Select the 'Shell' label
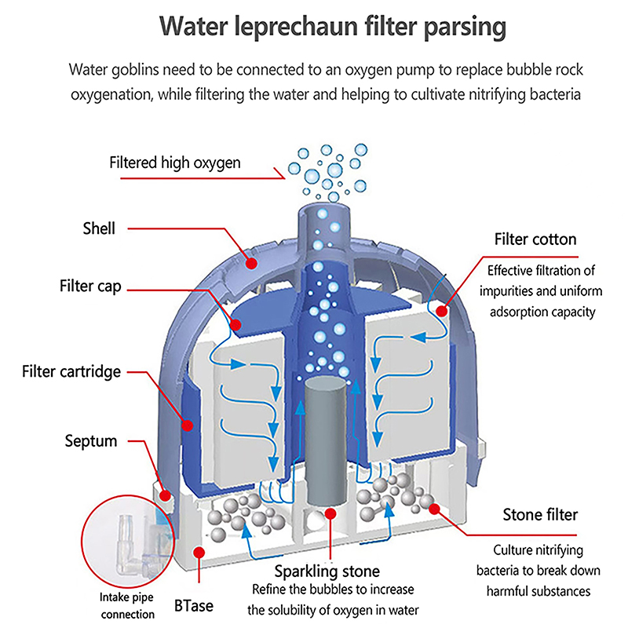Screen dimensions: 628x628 (x=99, y=229)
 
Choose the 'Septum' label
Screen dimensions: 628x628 (x=90, y=440)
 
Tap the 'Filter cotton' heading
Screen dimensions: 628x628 (x=535, y=239)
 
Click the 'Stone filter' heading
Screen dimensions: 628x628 (x=540, y=515)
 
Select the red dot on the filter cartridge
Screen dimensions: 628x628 (x=188, y=425)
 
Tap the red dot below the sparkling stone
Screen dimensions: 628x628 (x=330, y=514)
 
